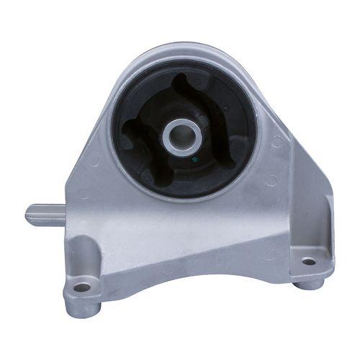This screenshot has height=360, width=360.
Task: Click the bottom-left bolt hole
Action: (x=82, y=287)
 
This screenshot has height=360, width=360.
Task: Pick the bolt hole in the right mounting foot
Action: (x=308, y=261)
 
